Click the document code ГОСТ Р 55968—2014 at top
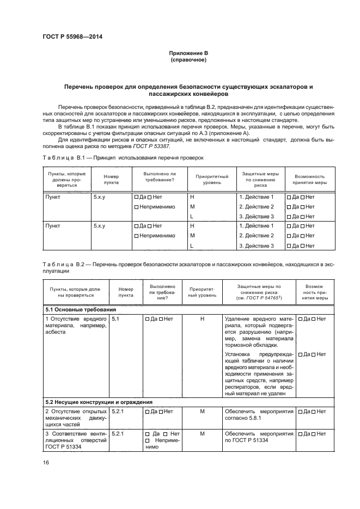pos(72,37)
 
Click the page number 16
pos(45,462)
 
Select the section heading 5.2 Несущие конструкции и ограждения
pos(99,402)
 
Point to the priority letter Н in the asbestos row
pos(202,318)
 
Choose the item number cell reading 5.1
pos(115,318)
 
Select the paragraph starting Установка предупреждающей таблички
pos(258,372)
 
